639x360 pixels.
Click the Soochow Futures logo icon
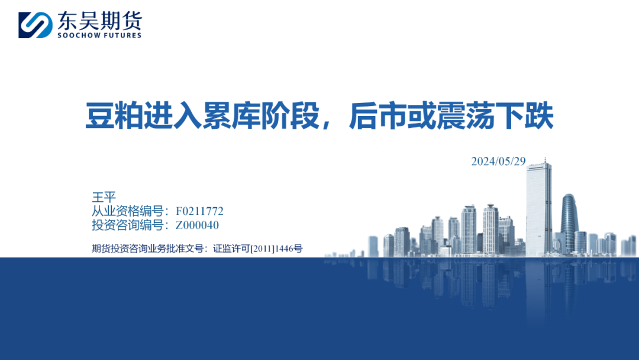coord(35,25)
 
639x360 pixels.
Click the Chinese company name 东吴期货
coord(99,20)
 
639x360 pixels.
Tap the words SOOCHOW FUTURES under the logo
coord(99,36)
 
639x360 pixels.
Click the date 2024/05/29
coord(498,162)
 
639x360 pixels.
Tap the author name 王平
coord(104,197)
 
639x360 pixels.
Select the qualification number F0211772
coord(199,211)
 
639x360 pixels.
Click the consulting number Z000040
coord(197,225)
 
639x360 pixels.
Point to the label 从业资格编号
coord(128,211)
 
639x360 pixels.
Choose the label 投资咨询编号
coord(128,225)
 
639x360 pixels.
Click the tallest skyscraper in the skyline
coord(539,208)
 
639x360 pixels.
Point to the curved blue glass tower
coord(569,222)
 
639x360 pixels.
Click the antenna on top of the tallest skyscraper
coord(546,159)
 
